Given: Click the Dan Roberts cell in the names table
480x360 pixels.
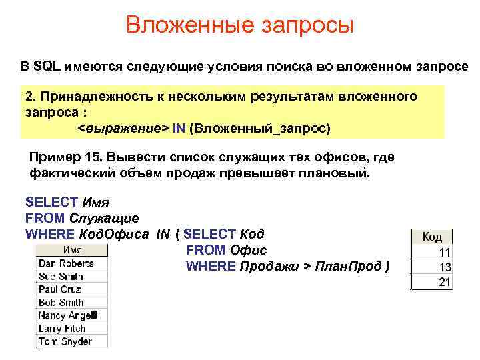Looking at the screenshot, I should coord(66,263).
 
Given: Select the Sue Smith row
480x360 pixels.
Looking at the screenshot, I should coord(61,276).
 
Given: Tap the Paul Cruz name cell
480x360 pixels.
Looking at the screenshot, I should coord(60,289).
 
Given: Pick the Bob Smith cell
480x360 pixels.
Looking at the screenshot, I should coord(61,302).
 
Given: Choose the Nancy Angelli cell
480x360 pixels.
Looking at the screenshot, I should coord(68,315).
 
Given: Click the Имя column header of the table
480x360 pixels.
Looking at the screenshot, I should coord(73,250).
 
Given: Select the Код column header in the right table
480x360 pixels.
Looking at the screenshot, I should coord(432,237).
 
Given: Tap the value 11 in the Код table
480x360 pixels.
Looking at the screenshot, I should coord(444,253).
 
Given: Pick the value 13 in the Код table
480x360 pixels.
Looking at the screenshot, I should coord(444,268).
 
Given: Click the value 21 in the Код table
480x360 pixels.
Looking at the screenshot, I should coord(444,283).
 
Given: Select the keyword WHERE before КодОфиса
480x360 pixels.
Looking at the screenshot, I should coord(50,234).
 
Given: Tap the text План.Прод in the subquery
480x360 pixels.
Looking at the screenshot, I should coord(347,266).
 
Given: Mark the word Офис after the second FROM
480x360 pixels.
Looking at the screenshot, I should coord(248,250).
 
